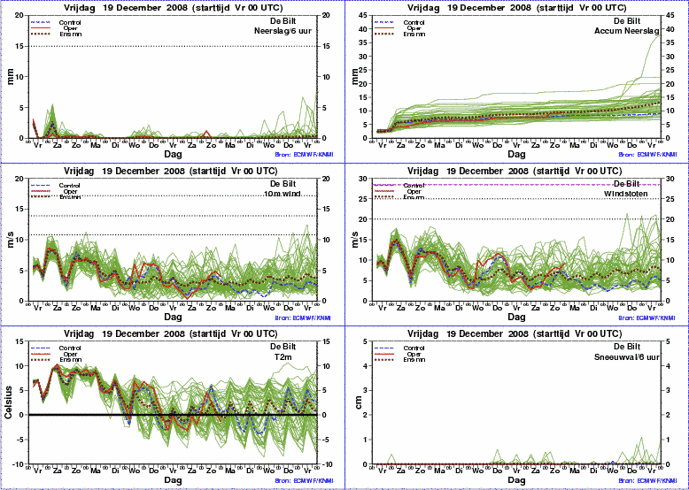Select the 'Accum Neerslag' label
click(x=627, y=30)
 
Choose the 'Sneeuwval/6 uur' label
click(x=625, y=356)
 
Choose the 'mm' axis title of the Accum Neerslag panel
click(x=356, y=76)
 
